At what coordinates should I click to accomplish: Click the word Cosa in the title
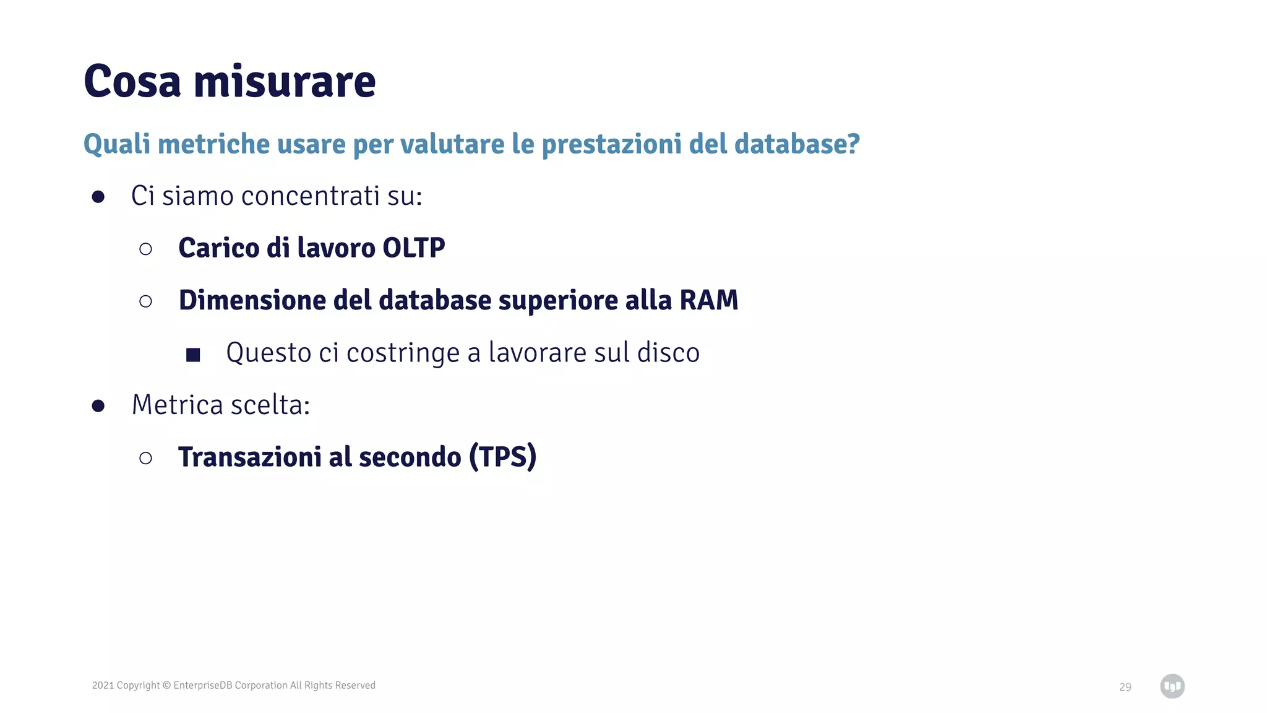pyautogui.click(x=132, y=82)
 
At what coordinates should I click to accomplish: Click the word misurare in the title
pyautogui.click(x=285, y=82)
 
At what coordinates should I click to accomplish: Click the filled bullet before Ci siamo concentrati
pyautogui.click(x=98, y=197)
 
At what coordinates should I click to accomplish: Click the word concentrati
pyautogui.click(x=310, y=196)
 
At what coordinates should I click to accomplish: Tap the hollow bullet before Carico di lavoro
pyautogui.click(x=145, y=249)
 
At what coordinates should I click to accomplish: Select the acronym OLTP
pyautogui.click(x=413, y=248)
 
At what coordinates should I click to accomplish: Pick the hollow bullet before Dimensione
pyautogui.click(x=145, y=301)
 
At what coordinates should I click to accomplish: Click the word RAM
pyautogui.click(x=708, y=300)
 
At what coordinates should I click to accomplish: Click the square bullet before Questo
pyautogui.click(x=193, y=355)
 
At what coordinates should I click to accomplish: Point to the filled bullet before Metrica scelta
pyautogui.click(x=98, y=406)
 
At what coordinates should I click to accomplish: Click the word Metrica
pyautogui.click(x=177, y=405)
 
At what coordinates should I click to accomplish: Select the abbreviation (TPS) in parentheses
pyautogui.click(x=502, y=457)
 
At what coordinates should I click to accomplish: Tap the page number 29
pyautogui.click(x=1125, y=687)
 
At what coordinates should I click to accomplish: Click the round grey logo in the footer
pyautogui.click(x=1172, y=686)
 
